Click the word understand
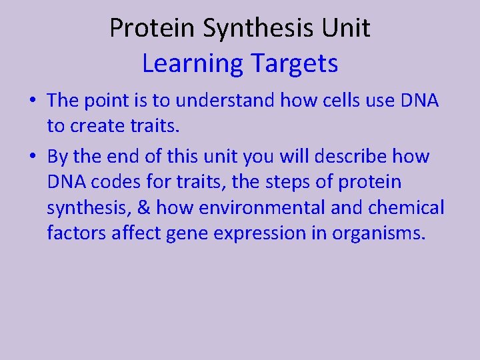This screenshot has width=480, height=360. (225, 100)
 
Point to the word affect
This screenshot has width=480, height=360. (141, 233)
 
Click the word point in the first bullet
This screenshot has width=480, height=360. (110, 100)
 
